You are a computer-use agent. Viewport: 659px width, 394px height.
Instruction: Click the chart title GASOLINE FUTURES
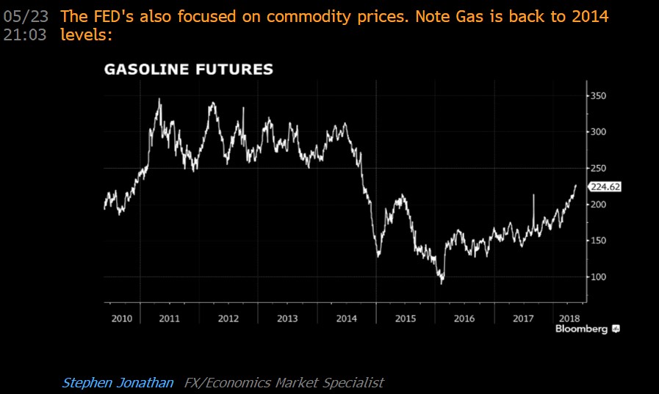189,70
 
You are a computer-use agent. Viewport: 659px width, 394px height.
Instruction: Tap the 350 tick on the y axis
599,96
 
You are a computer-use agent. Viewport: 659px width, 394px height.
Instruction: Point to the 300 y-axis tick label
599,132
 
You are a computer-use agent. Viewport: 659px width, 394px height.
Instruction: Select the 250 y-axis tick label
599,168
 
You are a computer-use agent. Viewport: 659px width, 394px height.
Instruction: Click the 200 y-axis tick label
599,205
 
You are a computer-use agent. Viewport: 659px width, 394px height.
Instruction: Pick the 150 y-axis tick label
599,241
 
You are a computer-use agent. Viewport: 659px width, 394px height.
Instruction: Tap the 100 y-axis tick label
599,277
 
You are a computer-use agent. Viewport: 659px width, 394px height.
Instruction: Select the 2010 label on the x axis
121,319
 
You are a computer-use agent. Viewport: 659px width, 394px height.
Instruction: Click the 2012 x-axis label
228,319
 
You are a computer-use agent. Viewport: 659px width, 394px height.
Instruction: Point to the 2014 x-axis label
346,319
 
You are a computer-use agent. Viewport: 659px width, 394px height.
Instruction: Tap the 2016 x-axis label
464,319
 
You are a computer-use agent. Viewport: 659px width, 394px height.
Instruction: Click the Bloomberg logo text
581,329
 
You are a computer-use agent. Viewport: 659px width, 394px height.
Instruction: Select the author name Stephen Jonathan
118,382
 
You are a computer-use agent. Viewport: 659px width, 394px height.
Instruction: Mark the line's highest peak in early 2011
159,98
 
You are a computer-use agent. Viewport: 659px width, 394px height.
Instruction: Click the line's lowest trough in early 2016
442,283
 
